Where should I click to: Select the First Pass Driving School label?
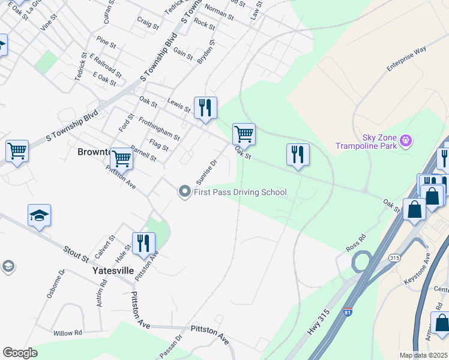240,192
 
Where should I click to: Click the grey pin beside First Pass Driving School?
184,192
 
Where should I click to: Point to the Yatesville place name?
113,271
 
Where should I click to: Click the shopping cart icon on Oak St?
244,134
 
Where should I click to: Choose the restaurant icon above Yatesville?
143,244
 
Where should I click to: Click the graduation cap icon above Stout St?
39,215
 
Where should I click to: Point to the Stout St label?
76,253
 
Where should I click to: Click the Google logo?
20,353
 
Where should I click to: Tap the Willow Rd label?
67,333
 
